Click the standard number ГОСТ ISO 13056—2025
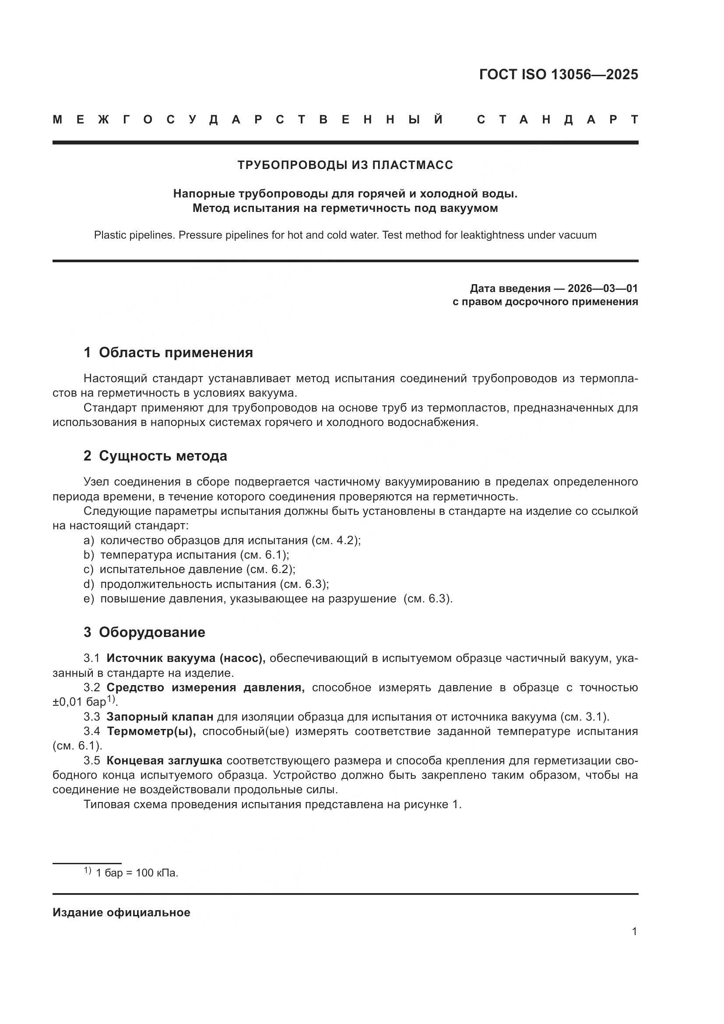click(x=558, y=74)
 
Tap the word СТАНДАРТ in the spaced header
click(x=557, y=120)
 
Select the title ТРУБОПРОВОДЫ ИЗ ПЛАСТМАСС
click(x=345, y=165)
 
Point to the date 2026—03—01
click(x=602, y=288)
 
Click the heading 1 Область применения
click(x=168, y=353)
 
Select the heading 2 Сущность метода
click(x=155, y=456)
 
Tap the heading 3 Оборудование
click(x=144, y=632)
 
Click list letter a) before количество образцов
click(x=89, y=541)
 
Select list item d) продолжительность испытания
click(x=206, y=584)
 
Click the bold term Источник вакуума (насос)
click(x=186, y=658)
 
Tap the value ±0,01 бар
click(x=79, y=702)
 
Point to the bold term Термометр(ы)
click(x=151, y=732)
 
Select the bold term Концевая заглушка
click(x=164, y=760)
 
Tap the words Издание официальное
click(x=121, y=912)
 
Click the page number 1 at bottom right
click(x=634, y=932)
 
